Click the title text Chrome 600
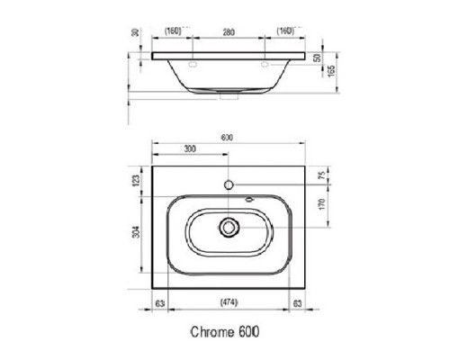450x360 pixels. coord(228,330)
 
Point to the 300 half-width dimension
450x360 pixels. coord(190,149)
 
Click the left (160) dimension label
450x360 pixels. coord(174,31)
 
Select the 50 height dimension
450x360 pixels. coord(317,57)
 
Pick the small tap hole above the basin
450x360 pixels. coord(229,184)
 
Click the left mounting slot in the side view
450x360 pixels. coord(193,66)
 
